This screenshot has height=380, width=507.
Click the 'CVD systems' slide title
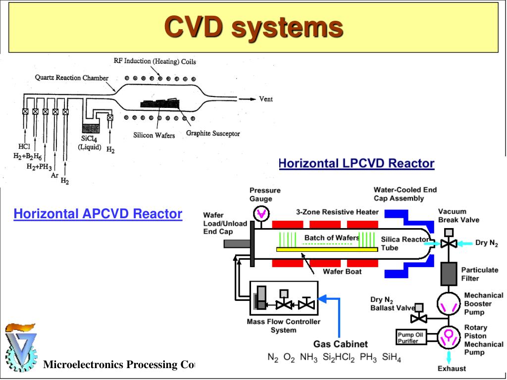pos(253,27)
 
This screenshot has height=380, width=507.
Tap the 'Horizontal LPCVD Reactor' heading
pos(356,163)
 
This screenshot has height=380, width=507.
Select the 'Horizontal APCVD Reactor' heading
pos(98,214)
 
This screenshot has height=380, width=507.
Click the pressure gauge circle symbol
pos(261,213)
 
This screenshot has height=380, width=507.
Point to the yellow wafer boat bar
pos(327,249)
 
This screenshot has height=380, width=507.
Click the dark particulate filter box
pos(449,274)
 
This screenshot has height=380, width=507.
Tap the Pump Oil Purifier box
pos(410,337)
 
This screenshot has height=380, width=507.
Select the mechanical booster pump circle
pos(449,304)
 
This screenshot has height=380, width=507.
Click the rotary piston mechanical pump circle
pos(449,337)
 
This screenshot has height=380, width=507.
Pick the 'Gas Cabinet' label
pos(341,344)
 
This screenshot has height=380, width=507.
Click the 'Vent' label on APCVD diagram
pos(266,99)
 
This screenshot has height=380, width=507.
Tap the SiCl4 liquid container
pos(91,129)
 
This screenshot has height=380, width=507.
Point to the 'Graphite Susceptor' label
pos(213,133)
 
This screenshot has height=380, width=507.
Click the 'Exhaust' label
pos(452,369)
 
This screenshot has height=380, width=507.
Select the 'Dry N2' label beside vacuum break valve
pos(487,243)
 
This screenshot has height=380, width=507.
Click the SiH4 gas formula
pos(392,357)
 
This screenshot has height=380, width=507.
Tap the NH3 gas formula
pos(309,357)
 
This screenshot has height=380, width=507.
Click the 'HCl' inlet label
pos(24,146)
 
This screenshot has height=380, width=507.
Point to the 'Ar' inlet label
pos(54,176)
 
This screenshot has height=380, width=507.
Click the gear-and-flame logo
pos(21,347)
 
